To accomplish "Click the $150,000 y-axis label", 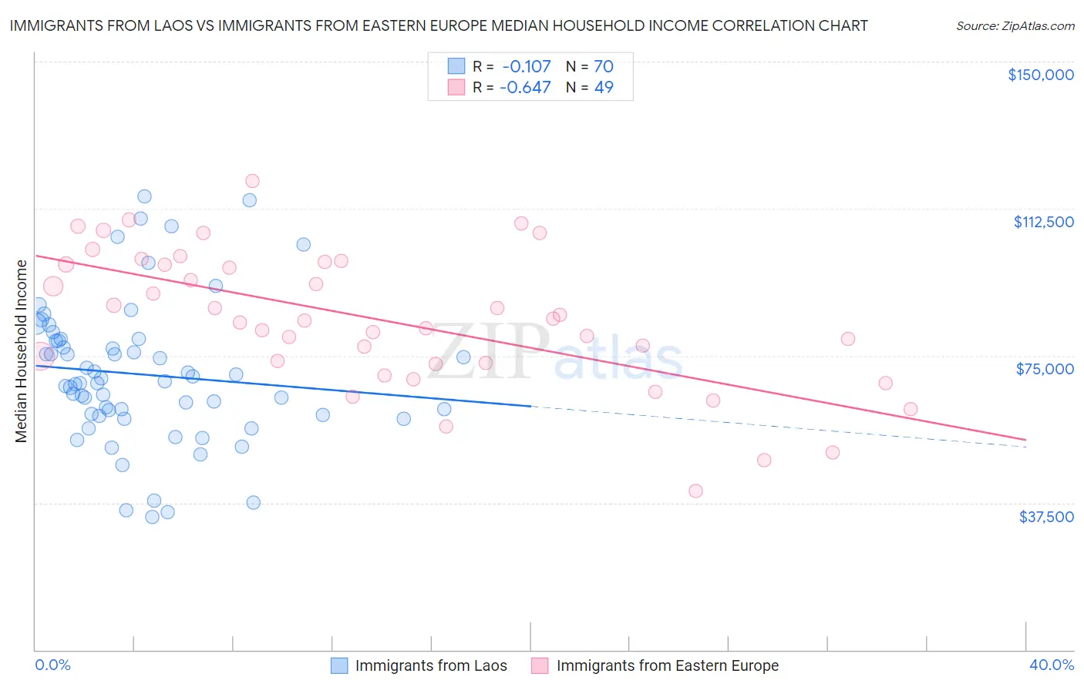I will click(1040, 75).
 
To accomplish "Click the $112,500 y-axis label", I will click(1043, 222).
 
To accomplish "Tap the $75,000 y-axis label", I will click(1045, 369).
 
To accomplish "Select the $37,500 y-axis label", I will click(1046, 516).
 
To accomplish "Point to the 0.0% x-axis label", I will click(52, 665).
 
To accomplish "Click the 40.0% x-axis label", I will click(1051, 665).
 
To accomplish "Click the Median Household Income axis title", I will click(21, 350).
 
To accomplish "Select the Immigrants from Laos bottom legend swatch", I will click(339, 665).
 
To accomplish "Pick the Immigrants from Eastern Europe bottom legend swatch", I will click(540, 665).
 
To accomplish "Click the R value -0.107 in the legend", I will click(527, 67).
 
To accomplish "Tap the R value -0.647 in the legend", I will click(525, 88).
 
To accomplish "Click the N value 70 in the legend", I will click(603, 67).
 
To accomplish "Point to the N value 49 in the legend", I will click(603, 88).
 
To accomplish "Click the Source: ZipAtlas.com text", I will click(1015, 26).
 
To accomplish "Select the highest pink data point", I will click(252, 181).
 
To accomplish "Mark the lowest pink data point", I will click(695, 491).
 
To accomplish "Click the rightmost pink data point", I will click(911, 409).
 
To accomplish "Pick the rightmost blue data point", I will click(463, 357).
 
